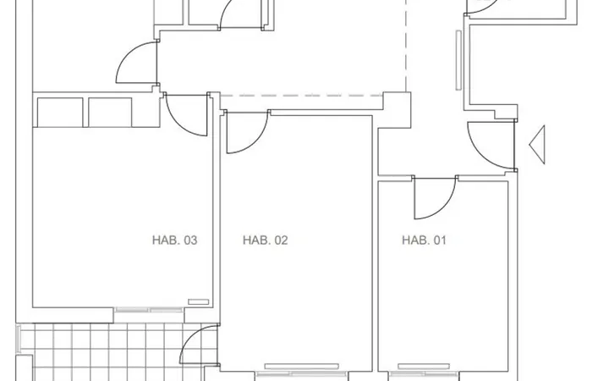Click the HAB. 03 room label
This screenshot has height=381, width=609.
pyautogui.click(x=175, y=240)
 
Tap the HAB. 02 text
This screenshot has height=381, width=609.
pyautogui.click(x=266, y=240)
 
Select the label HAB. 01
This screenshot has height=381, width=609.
pyautogui.click(x=424, y=240)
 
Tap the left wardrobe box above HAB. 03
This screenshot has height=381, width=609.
pyautogui.click(x=60, y=113)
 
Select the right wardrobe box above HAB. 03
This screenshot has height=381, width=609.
pyautogui.click(x=110, y=113)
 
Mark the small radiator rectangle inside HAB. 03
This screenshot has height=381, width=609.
pyautogui.click(x=199, y=301)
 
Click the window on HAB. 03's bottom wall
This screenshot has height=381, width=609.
pyautogui.click(x=149, y=310)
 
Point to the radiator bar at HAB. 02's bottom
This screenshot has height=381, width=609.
pyautogui.click(x=301, y=367)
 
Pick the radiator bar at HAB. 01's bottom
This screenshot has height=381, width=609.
pyautogui.click(x=424, y=367)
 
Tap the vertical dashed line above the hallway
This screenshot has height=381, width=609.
pyautogui.click(x=406, y=46)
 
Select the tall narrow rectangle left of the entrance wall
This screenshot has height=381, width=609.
pyautogui.click(x=458, y=60)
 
